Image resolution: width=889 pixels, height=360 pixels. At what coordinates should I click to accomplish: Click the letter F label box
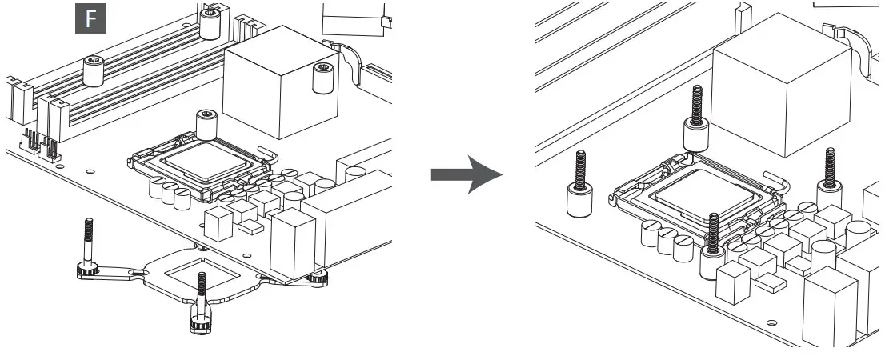click(x=90, y=18)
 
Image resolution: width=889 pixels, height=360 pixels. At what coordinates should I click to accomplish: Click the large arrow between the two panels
click(x=467, y=174)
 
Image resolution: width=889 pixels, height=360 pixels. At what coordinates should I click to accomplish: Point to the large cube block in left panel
click(x=281, y=82)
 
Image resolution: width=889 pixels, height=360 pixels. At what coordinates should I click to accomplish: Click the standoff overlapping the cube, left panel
click(x=322, y=78)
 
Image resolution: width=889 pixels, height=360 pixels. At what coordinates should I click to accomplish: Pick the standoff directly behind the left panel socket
click(x=207, y=125)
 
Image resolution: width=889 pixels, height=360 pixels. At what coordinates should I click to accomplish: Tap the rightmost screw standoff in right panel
click(x=829, y=182)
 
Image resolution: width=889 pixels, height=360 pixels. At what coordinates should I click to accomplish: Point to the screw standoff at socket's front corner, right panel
click(x=713, y=246)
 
